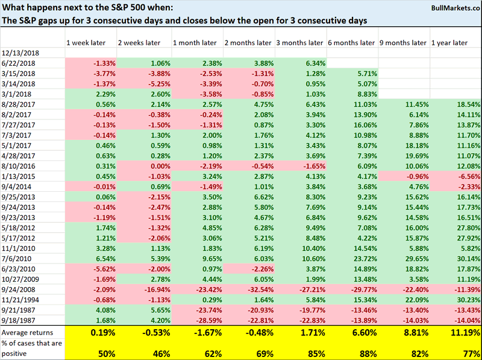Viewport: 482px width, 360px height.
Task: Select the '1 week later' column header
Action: tap(88, 43)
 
